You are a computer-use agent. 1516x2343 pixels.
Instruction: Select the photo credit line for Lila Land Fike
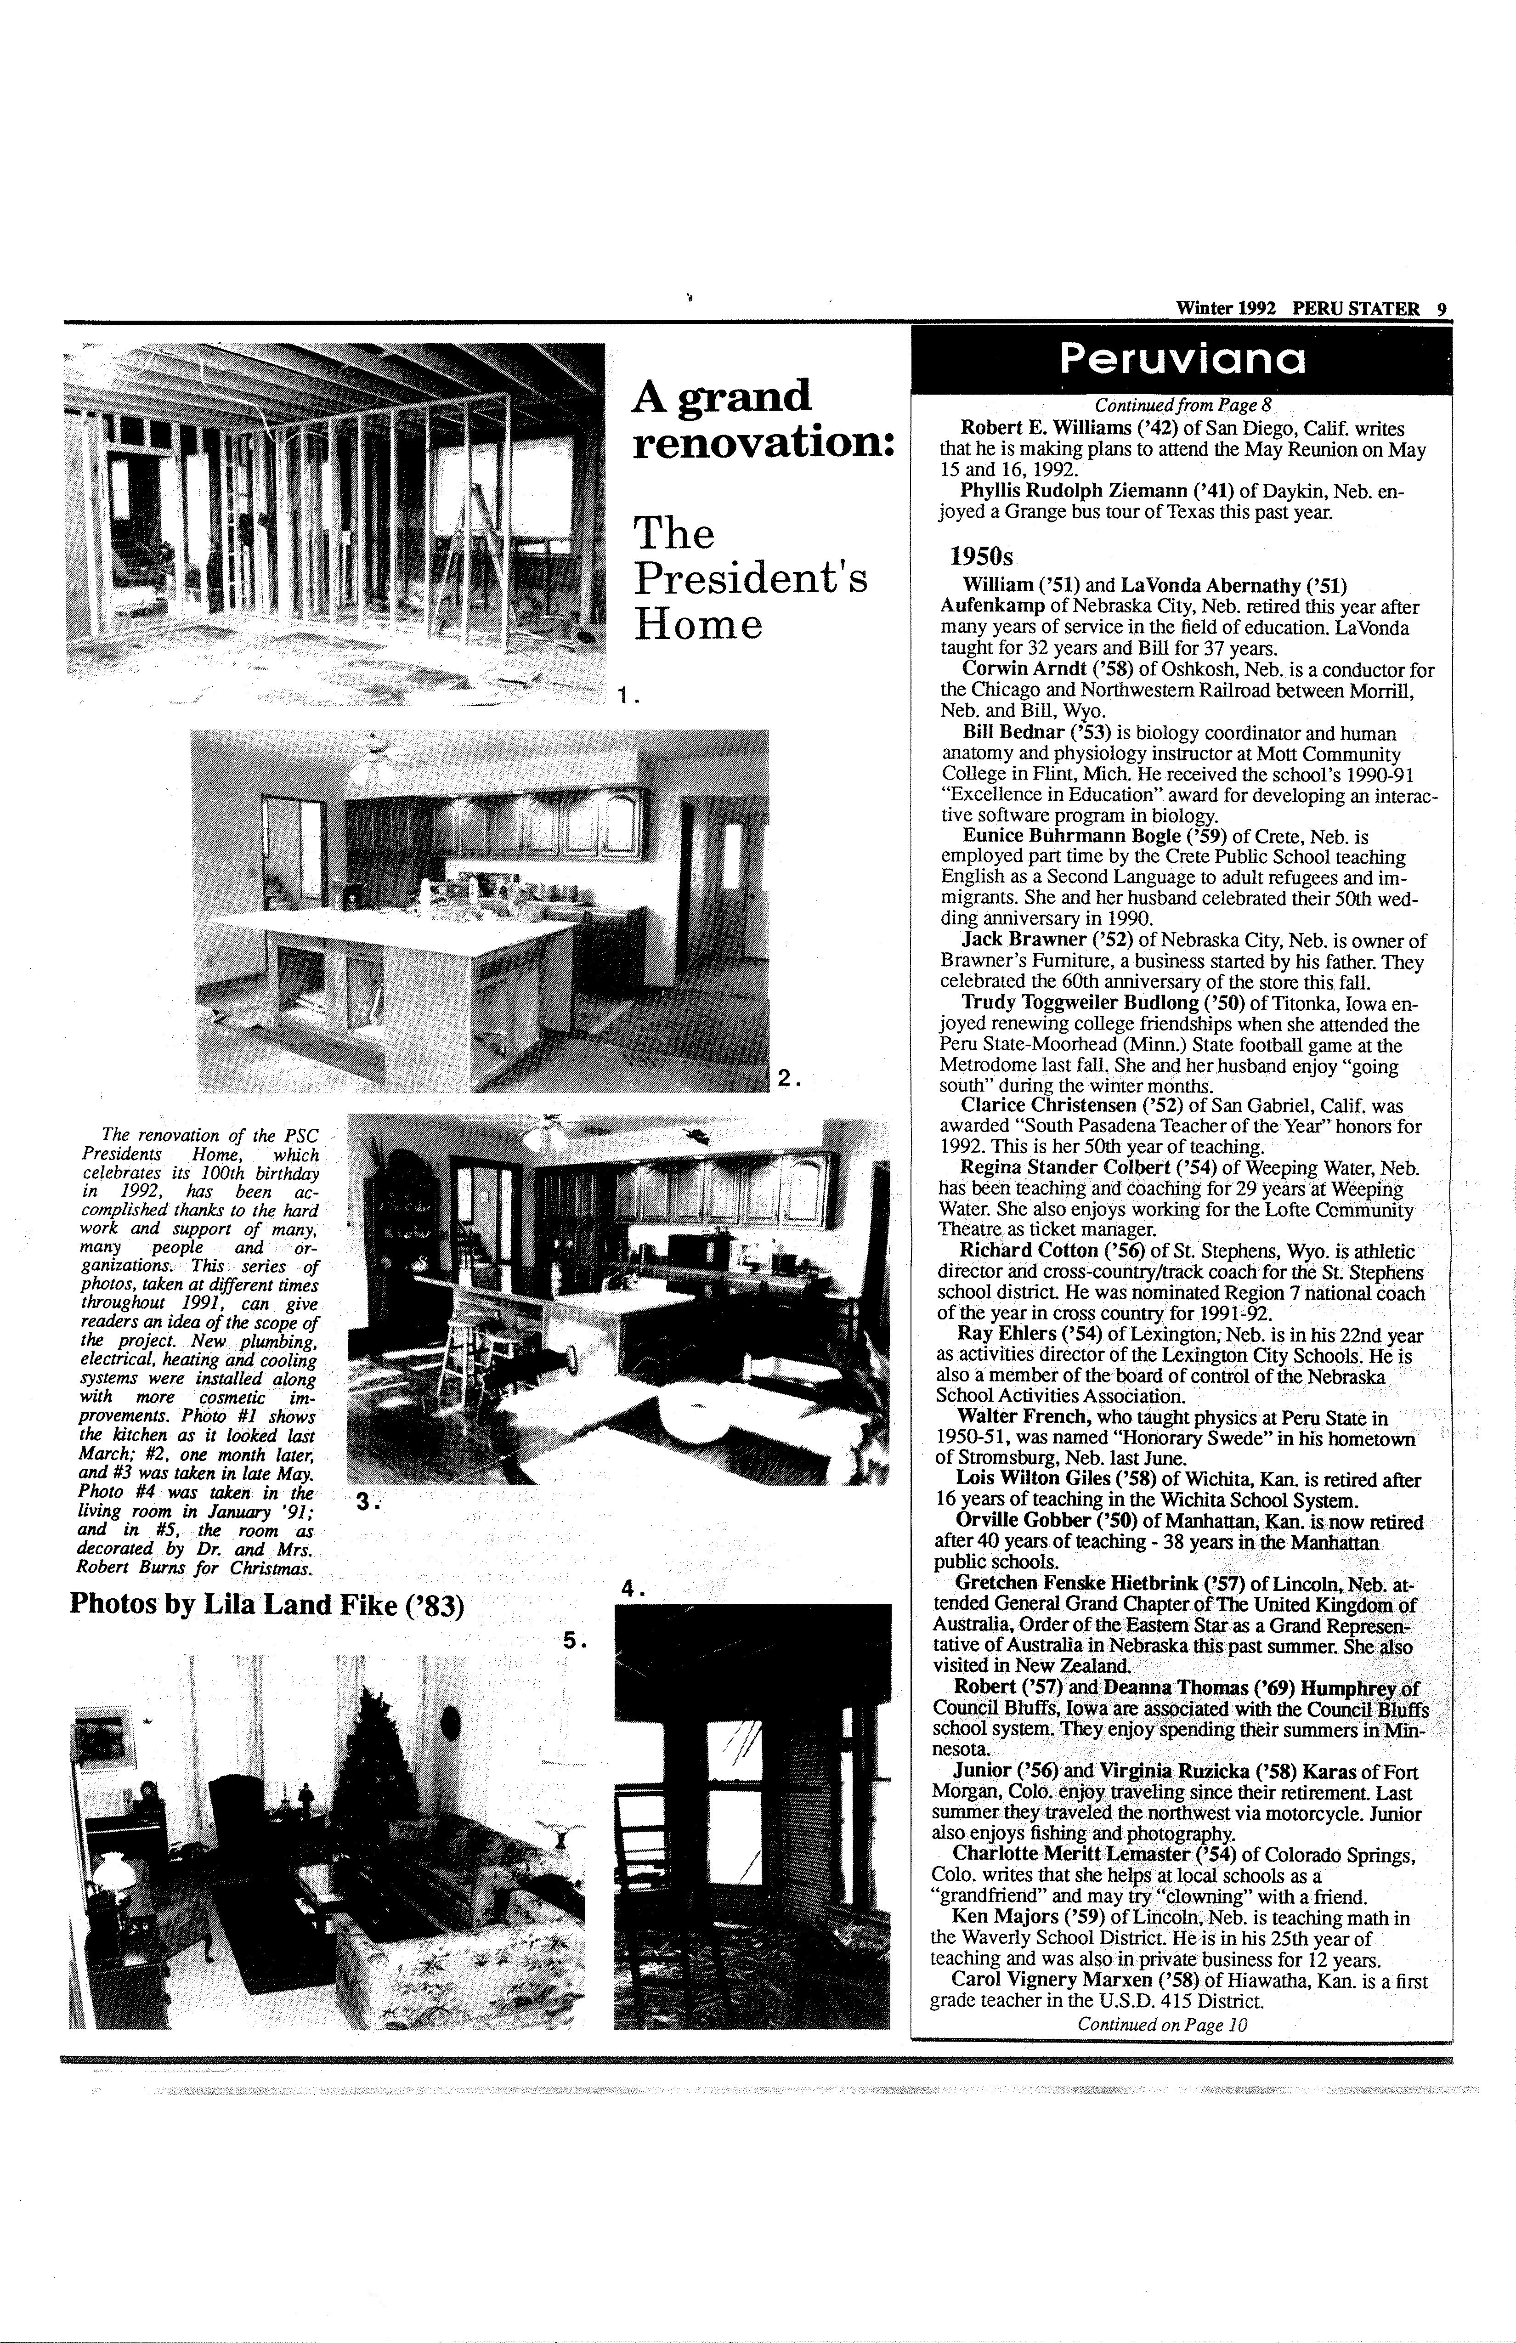click(266, 1605)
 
